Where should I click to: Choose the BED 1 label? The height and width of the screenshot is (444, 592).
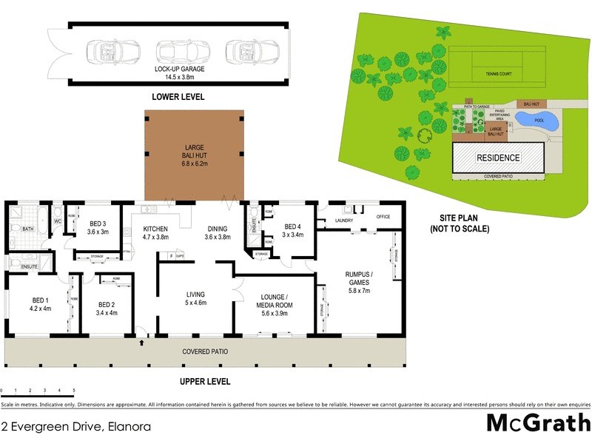tap(41, 304)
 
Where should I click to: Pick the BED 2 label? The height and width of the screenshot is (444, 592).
tap(107, 308)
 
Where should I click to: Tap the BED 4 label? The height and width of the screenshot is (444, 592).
tap(293, 231)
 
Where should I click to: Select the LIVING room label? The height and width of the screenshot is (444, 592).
tap(195, 298)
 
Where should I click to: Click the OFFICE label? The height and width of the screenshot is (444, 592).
tap(383, 217)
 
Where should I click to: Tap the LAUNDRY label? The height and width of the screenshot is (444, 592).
tap(344, 221)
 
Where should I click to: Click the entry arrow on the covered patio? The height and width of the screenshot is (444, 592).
tap(141, 343)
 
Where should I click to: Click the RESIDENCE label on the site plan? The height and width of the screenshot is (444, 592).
tap(498, 158)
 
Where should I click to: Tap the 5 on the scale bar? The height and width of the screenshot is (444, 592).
tap(73, 390)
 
